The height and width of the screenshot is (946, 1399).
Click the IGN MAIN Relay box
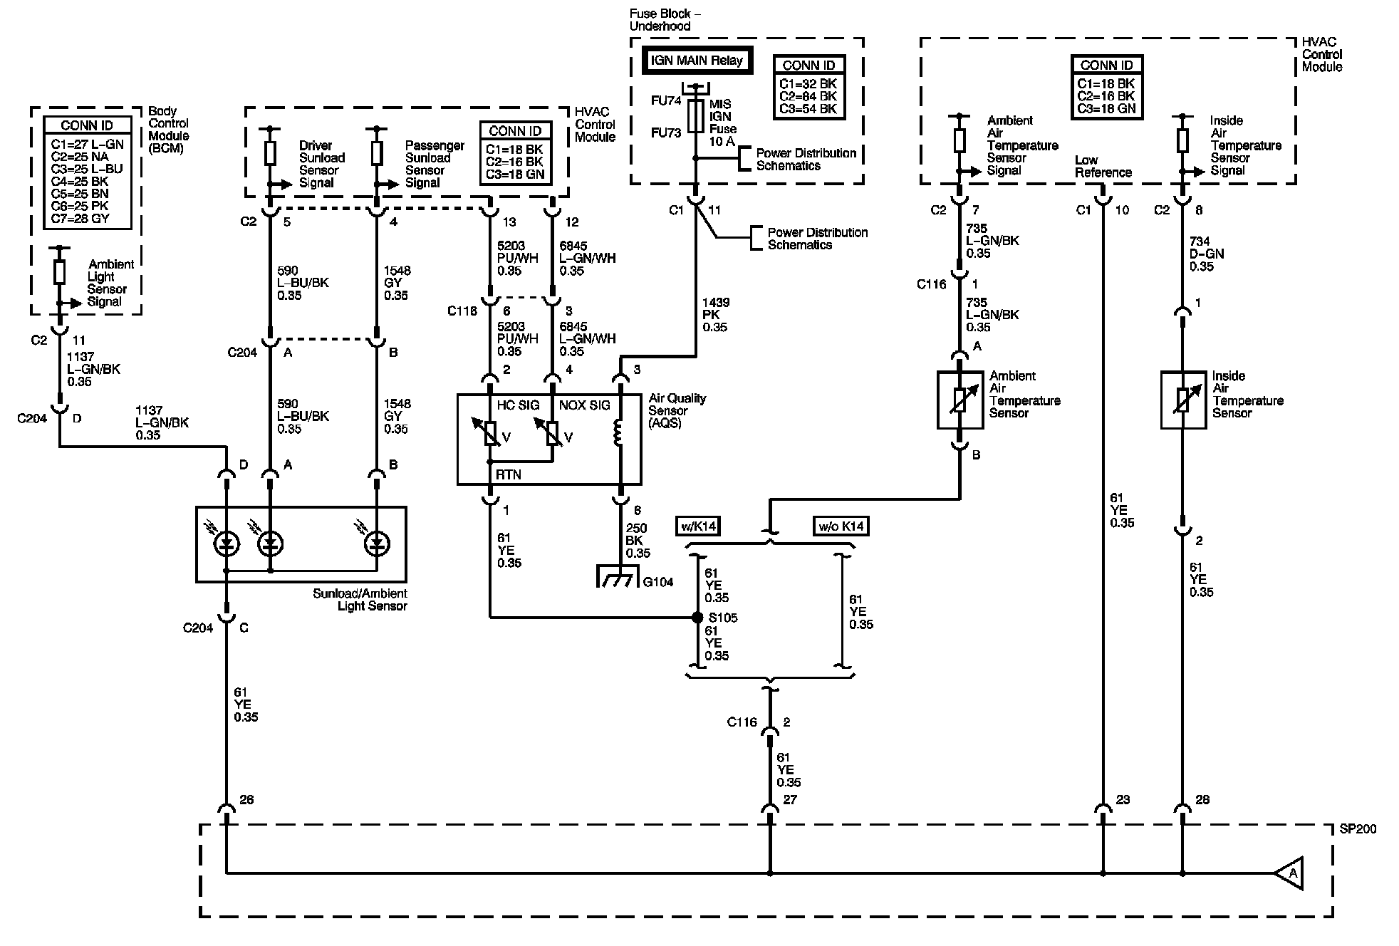click(x=697, y=61)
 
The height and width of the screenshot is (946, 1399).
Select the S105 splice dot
click(x=697, y=618)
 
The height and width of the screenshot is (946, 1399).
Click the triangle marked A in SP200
click(x=1289, y=873)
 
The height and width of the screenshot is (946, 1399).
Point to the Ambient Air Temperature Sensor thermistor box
click(x=959, y=400)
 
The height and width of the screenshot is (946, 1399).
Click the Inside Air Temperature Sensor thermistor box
click(x=1183, y=400)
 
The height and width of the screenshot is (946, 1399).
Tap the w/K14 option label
click(x=697, y=526)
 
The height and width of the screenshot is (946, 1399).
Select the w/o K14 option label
click(x=841, y=526)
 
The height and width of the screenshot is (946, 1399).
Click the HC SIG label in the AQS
click(x=518, y=405)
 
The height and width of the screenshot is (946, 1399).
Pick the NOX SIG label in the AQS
click(x=585, y=405)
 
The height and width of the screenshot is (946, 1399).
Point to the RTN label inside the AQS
click(x=509, y=474)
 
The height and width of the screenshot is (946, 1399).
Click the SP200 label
click(x=1358, y=829)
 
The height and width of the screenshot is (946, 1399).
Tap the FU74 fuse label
click(x=666, y=101)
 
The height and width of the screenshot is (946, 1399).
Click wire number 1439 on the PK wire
click(x=716, y=303)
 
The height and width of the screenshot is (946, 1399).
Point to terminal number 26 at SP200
click(x=246, y=800)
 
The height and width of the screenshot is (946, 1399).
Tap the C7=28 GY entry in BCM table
click(x=80, y=219)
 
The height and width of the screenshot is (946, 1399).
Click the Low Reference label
click(x=1103, y=166)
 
